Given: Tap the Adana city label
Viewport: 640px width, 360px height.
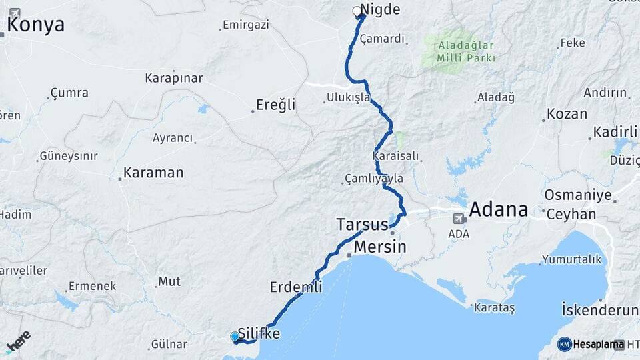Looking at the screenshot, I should [x=498, y=210].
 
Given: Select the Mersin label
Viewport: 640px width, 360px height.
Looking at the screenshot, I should [x=379, y=247].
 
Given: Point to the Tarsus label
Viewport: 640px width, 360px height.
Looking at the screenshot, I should [x=362, y=223].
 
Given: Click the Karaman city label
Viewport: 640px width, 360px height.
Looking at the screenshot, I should [x=153, y=173].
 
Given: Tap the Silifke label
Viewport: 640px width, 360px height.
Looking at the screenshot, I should [x=259, y=333].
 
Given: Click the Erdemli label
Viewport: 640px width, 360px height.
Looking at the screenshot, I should [x=296, y=287].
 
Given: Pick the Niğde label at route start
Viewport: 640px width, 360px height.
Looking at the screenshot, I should [x=380, y=10].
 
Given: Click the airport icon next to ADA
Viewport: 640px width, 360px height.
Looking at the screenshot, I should [x=459, y=218].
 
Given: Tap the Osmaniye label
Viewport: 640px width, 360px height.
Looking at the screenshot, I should [x=578, y=195].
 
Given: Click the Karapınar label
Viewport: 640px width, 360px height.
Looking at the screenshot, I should [x=173, y=78].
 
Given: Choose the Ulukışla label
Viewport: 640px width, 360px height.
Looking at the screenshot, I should [x=348, y=98].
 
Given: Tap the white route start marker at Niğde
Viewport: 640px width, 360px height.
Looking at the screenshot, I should [x=357, y=11].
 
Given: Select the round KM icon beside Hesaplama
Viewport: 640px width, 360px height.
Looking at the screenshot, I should [x=564, y=344].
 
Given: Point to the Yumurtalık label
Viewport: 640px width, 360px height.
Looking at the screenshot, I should [x=571, y=259].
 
